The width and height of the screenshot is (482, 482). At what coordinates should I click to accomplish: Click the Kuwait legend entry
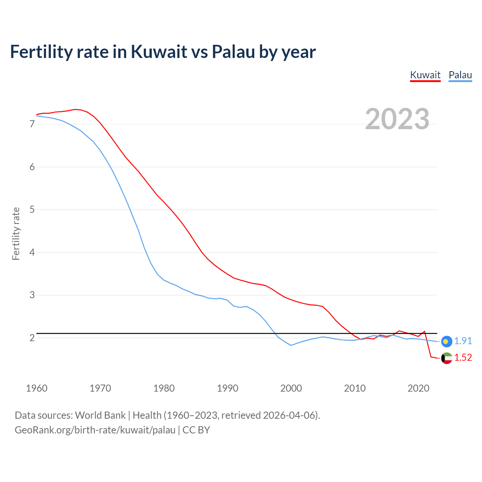pos(425,75)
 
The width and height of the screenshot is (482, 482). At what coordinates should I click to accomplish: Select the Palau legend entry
pos(460,75)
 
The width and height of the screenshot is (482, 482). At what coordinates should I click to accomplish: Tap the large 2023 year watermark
pos(397,119)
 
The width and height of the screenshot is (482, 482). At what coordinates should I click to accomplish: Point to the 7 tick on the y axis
pos(32,124)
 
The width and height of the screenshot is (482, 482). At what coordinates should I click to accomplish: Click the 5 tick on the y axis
pos(32,209)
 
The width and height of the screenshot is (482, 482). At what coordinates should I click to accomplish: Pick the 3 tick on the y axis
pos(32,295)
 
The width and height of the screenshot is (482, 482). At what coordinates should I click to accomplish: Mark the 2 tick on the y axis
pos(32,338)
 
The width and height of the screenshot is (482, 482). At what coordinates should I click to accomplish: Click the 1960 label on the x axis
pos(37,388)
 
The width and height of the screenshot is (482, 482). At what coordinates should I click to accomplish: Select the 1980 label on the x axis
pos(164,388)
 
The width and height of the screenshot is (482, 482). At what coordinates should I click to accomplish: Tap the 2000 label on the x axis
pos(291,388)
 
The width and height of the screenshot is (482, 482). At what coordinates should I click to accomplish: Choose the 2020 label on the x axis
pos(418,388)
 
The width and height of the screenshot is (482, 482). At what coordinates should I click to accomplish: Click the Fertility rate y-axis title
pos(16,233)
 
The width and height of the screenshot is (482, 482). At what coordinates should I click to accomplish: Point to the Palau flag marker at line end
pos(446,341)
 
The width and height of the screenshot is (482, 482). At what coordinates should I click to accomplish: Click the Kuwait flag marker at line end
pos(446,358)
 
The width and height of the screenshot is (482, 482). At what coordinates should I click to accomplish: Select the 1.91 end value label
pos(463,341)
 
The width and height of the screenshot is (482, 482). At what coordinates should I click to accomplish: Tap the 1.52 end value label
pos(463,358)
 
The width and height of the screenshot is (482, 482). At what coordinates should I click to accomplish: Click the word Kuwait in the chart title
pos(159,52)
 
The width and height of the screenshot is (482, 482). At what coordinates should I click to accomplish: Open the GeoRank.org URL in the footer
pos(95,430)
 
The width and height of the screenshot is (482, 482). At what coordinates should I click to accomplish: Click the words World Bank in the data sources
pos(100,415)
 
